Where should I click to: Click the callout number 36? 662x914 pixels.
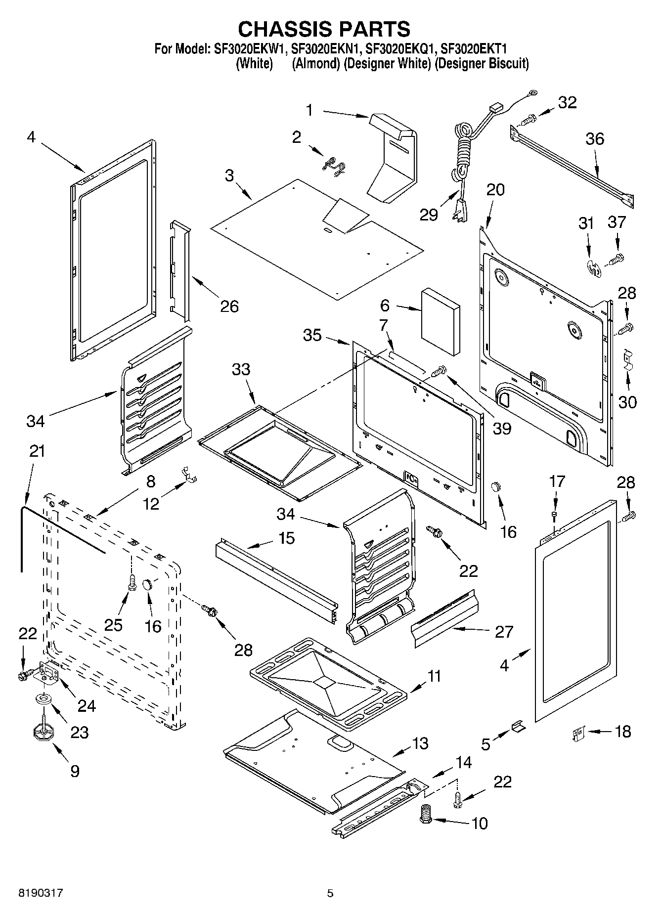595,139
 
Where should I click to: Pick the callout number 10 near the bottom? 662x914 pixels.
480,823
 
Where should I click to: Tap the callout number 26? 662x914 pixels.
229,306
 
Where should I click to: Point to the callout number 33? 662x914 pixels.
241,369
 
